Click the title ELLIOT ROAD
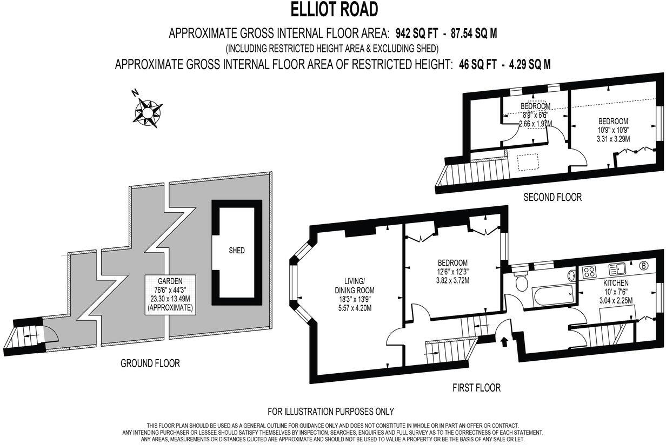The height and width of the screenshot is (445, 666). point(334,9)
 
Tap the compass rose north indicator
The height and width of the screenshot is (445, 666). point(148,112)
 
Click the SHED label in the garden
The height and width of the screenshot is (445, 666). point(236,251)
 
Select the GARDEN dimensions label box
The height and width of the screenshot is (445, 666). point(170,295)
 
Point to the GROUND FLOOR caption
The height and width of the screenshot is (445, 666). point(150,363)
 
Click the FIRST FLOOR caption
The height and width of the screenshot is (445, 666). point(476,387)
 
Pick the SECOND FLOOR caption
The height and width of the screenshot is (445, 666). point(552,197)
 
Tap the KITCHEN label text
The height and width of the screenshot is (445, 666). point(616,283)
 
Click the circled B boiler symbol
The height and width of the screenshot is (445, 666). point(644,266)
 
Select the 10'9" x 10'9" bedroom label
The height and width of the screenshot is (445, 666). point(613,130)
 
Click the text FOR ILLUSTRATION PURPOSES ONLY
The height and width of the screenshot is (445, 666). point(331,412)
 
